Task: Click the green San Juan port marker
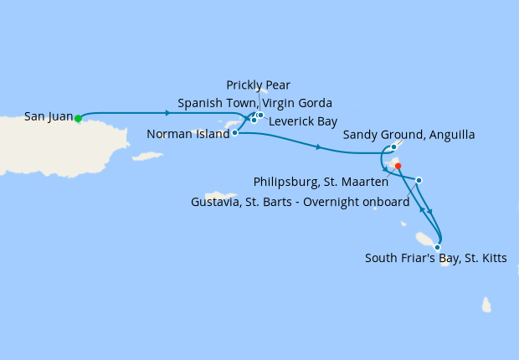click(x=78, y=119)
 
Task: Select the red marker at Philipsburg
click(x=398, y=166)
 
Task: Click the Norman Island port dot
click(x=234, y=132)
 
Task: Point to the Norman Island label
click(x=188, y=133)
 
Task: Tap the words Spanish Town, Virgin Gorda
click(x=254, y=103)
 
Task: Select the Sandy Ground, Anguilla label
click(x=409, y=135)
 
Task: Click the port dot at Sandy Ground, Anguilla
click(x=393, y=147)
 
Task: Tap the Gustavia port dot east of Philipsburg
click(x=419, y=180)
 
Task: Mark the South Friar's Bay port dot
click(x=437, y=247)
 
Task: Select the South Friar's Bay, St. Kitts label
click(x=435, y=259)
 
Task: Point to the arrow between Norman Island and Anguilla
click(x=319, y=147)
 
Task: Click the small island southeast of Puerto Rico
click(x=147, y=156)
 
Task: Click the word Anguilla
click(x=453, y=135)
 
